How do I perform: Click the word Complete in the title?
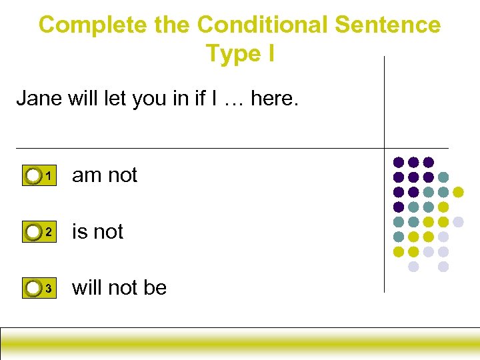pyautogui.click(x=93, y=25)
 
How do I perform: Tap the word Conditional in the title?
pyautogui.click(x=263, y=25)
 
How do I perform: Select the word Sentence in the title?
pyautogui.click(x=387, y=25)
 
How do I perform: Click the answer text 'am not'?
pyautogui.click(x=105, y=175)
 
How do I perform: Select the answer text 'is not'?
pyautogui.click(x=98, y=232)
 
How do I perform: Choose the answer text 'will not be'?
pyautogui.click(x=119, y=288)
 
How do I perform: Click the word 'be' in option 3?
pyautogui.click(x=155, y=288)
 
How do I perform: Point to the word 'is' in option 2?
pyautogui.click(x=79, y=232)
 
